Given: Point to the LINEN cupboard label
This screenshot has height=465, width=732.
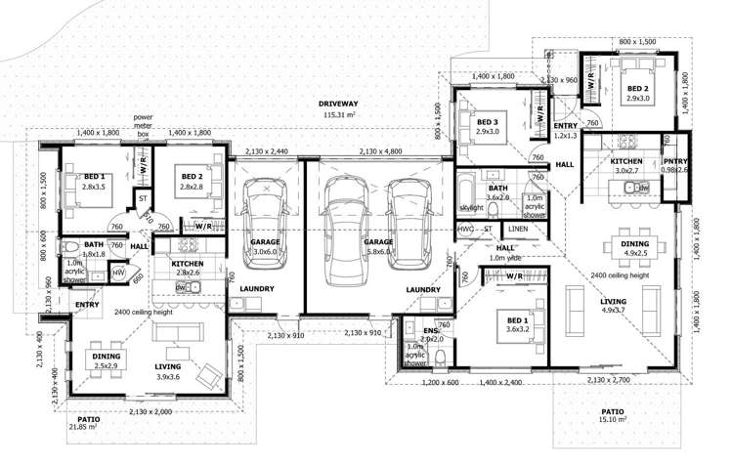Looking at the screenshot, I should pos(518,229).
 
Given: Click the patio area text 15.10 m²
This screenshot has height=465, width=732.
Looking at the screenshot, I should pos(613,420).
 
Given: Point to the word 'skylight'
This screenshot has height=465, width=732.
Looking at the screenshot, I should pos(472,209).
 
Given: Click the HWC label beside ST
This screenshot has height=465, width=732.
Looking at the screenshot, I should pos(465,229).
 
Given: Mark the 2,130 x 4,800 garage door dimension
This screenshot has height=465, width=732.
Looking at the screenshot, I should pos(385,152).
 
